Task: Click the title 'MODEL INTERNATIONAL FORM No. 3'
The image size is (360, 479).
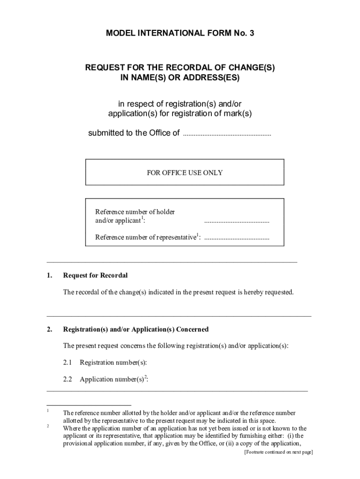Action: point(180,33)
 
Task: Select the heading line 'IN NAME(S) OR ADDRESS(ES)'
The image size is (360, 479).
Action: point(180,78)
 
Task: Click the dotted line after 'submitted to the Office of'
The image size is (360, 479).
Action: point(227,134)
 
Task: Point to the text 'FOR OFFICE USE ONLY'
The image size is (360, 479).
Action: point(185,173)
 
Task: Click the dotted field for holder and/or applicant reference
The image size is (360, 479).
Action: point(237,221)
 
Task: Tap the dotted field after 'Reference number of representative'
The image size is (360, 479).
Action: point(237,238)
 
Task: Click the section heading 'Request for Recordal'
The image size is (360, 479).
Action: point(95,276)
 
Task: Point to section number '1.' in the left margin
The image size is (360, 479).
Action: point(49,276)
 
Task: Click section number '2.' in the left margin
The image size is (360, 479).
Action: point(49,329)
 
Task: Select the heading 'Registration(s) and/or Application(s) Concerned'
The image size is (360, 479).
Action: point(136,329)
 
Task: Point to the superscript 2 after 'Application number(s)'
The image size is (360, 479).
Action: point(145,377)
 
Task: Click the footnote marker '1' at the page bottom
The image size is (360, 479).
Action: point(48,411)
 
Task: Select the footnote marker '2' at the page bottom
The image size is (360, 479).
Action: point(48,426)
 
